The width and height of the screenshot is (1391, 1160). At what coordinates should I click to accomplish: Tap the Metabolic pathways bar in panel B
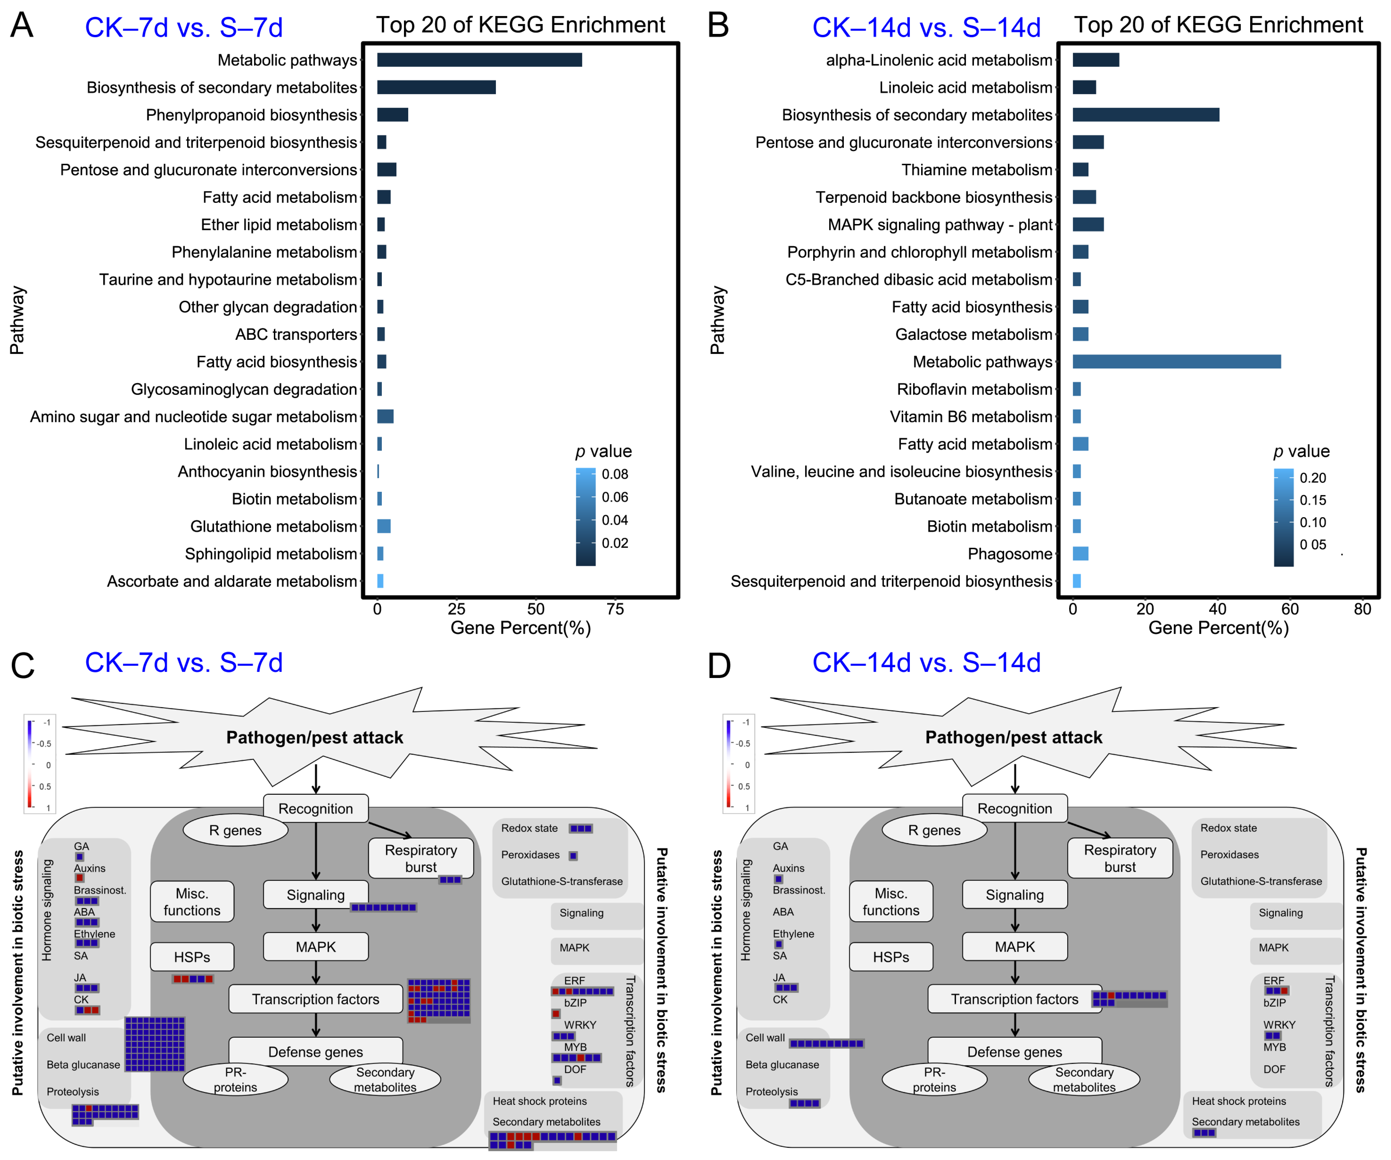1176,362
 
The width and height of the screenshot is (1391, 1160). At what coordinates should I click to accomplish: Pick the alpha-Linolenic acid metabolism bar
1096,60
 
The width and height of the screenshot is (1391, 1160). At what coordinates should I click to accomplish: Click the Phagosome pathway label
1010,554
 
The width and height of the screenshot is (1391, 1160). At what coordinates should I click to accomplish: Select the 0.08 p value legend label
615,474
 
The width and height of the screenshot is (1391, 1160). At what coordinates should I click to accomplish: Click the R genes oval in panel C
235,830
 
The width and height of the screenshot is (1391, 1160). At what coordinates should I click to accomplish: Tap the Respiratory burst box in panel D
1119,859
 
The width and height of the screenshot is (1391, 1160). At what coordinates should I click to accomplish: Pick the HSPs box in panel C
192,957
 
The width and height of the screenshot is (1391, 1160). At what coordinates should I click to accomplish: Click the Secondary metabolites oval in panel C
385,1079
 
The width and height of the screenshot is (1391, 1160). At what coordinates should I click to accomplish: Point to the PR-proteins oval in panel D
934,1079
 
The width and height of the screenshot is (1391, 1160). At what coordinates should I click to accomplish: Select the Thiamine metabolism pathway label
976,170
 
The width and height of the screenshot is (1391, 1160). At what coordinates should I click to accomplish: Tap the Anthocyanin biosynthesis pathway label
267,472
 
